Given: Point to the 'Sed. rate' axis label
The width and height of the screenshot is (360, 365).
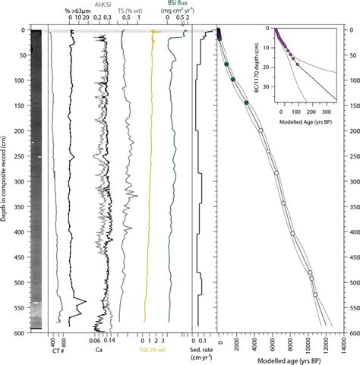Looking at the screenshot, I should pyautogui.click(x=201, y=350).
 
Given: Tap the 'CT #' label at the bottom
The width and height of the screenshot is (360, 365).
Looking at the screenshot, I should pyautogui.click(x=57, y=350).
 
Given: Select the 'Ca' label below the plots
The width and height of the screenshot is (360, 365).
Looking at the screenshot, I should pyautogui.click(x=98, y=350).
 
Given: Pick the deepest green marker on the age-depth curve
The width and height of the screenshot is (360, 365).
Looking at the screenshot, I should pyautogui.click(x=246, y=102).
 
